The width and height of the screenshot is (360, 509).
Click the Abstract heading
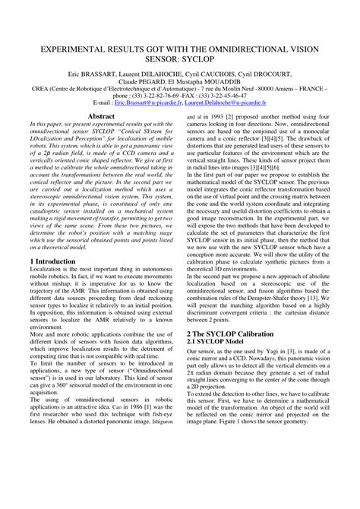[x=101, y=117]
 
